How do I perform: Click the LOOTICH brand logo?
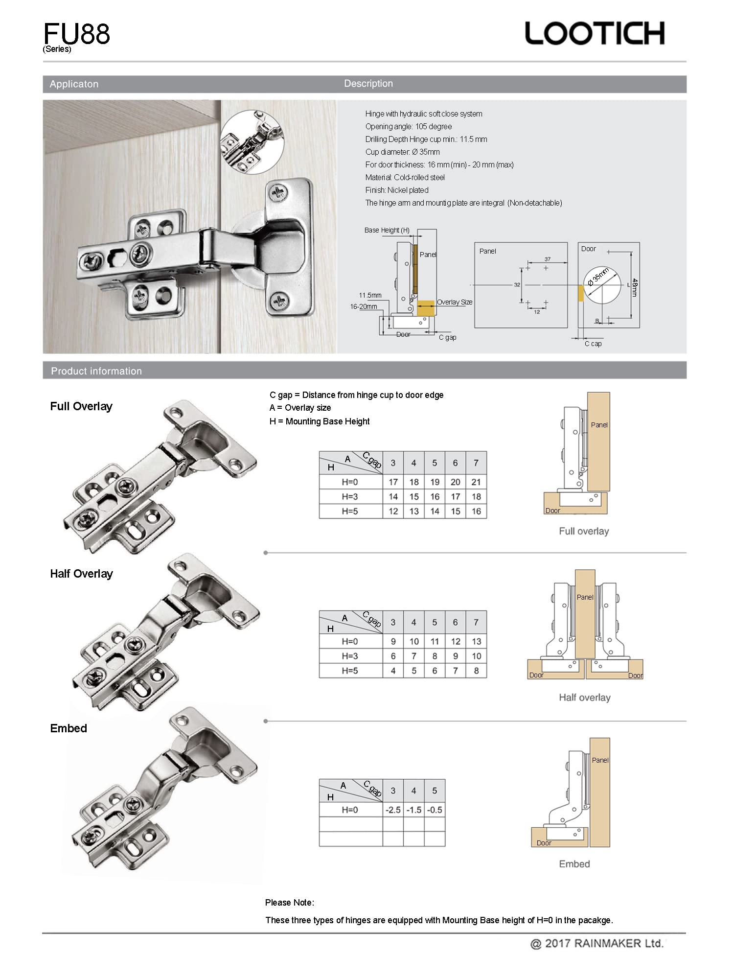coord(595,33)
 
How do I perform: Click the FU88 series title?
coord(77,34)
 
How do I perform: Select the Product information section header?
coord(96,371)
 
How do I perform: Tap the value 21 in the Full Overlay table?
coord(476,482)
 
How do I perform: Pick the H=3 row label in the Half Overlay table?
coord(350,656)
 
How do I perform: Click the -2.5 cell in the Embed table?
coord(393,810)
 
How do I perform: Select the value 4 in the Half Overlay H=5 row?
coord(393,671)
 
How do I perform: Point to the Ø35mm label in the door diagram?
coord(598,277)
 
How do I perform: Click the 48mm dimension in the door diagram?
coord(635,287)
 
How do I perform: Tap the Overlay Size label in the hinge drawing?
coord(455,302)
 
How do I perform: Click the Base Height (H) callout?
coord(387,230)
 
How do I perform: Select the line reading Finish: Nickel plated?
coord(397,190)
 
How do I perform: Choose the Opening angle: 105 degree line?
coord(409,126)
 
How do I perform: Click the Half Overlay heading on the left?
coord(81,574)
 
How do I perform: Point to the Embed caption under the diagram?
coord(574,864)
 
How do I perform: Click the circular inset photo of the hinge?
coord(252,142)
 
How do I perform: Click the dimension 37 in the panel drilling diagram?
coord(548,259)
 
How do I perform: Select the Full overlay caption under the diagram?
coord(584,531)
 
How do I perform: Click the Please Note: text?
coord(290,902)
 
